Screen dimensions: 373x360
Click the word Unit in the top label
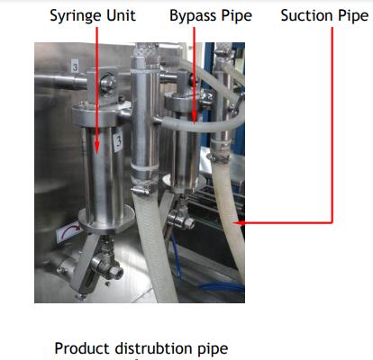pyautogui.click(x=122, y=15)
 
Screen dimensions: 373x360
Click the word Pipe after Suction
pyautogui.click(x=353, y=16)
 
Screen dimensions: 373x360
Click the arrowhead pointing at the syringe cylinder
pyautogui.click(x=96, y=147)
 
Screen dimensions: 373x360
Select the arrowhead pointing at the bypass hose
pyautogui.click(x=195, y=118)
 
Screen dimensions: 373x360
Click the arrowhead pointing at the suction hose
pyautogui.click(x=239, y=223)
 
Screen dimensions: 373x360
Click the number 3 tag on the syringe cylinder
pyautogui.click(x=118, y=141)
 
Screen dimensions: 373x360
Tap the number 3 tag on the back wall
pyautogui.click(x=75, y=66)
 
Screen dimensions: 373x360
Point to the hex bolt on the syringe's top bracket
pyautogui.click(x=108, y=83)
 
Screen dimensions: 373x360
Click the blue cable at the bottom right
pyautogui.click(x=222, y=287)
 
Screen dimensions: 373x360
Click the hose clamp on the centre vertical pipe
pyautogui.click(x=141, y=190)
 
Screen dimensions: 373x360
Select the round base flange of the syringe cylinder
pyautogui.click(x=106, y=221)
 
